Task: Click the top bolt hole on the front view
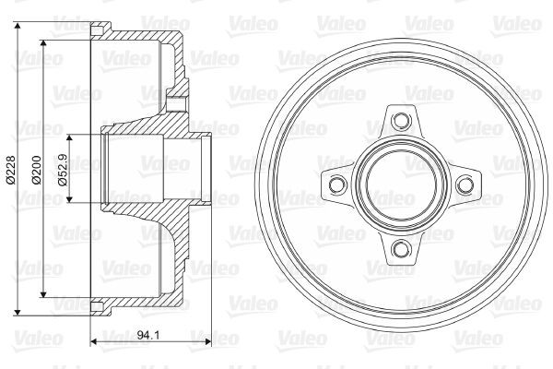[399, 119]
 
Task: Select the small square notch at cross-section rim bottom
[96, 305]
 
